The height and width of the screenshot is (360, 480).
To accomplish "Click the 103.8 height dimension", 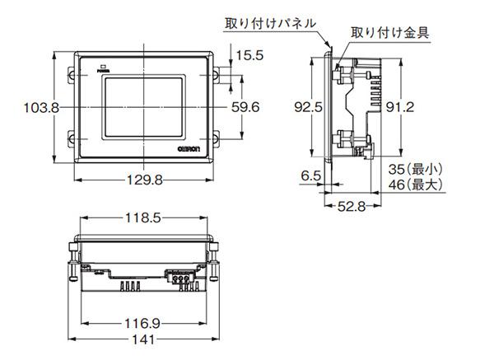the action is tap(41, 108).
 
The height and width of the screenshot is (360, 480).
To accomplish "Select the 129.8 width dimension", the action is tap(144, 180).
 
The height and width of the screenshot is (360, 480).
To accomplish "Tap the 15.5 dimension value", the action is tap(249, 55).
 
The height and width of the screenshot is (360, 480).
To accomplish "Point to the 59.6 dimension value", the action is tap(245, 107).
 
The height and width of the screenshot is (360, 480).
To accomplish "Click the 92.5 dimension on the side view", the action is tap(308, 107).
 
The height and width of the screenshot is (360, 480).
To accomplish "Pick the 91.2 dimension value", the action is tap(400, 107).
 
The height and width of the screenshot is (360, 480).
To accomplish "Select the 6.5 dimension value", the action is tap(310, 175).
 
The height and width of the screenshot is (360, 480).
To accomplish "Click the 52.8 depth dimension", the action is tap(352, 207).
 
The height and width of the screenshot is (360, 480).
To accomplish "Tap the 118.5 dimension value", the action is tap(143, 217).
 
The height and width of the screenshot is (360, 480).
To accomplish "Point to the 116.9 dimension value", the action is tap(142, 323).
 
